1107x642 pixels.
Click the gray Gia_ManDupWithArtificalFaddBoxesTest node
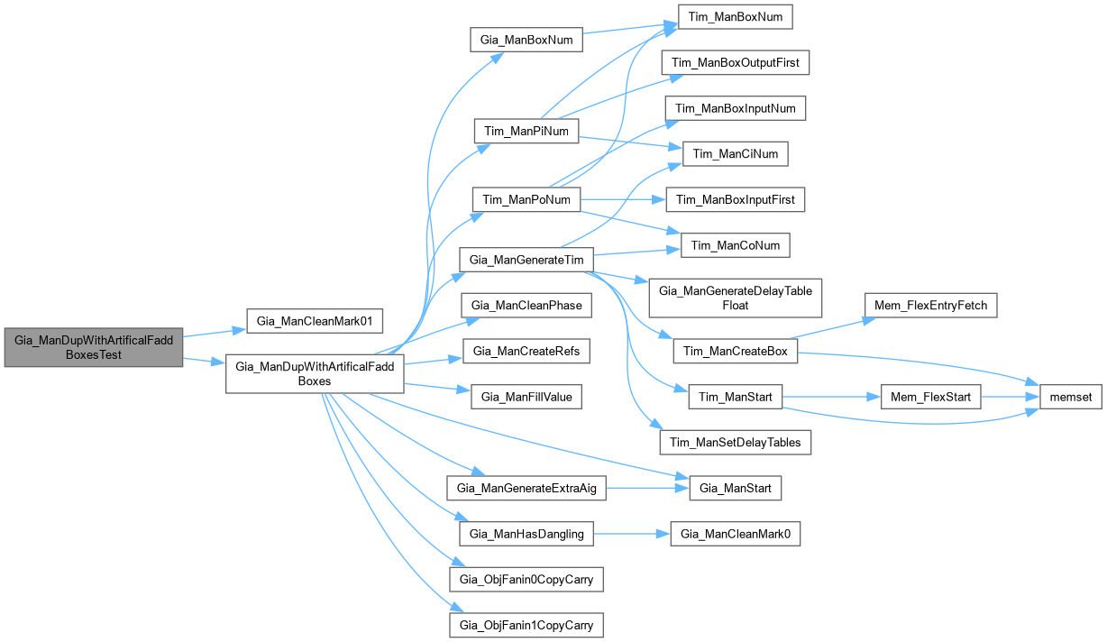[x=94, y=348]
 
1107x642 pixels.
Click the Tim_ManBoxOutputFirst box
[x=736, y=62]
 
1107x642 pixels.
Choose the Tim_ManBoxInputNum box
[x=736, y=108]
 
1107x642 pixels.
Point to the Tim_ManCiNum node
[x=736, y=154]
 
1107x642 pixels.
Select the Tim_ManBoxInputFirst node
[x=736, y=199]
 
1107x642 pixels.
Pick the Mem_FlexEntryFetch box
[x=931, y=306]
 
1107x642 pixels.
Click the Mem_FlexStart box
[x=931, y=397]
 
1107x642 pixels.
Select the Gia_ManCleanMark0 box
[x=736, y=534]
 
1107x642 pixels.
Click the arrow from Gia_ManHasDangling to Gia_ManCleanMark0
[x=632, y=534]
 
